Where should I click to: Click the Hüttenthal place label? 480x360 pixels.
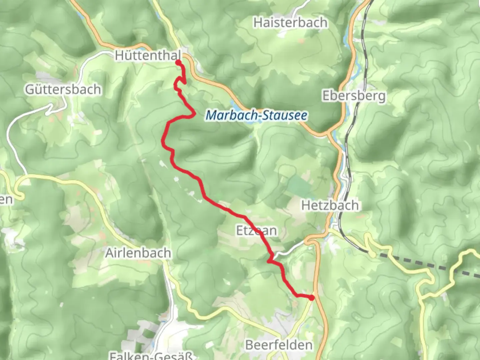[148, 55]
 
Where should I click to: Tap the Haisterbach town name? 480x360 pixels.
[290, 23]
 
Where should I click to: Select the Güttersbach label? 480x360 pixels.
[63, 89]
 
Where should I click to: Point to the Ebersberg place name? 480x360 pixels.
[354, 96]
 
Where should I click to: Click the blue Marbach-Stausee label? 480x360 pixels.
[256, 115]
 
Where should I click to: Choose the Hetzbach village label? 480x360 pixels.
[330, 205]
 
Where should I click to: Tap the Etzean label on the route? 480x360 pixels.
[256, 230]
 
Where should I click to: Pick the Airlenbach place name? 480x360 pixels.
[138, 253]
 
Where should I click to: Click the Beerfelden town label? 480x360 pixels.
[279, 345]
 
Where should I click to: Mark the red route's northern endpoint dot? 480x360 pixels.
[178, 62]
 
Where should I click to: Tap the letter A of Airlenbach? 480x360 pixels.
[109, 253]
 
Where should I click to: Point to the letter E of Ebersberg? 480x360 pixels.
[326, 96]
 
